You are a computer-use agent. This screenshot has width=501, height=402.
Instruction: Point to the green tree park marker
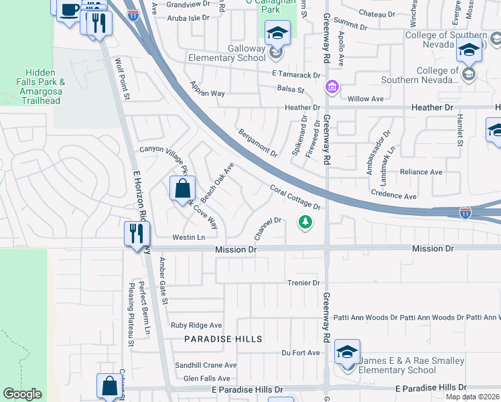click(x=305, y=221)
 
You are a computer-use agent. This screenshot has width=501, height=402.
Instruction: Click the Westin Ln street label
click(x=188, y=237)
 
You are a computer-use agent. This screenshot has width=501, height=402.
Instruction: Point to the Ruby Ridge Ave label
click(x=196, y=326)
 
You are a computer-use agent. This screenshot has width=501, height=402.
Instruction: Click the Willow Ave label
click(x=365, y=98)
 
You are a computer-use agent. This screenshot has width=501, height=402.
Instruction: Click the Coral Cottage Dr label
click(x=295, y=197)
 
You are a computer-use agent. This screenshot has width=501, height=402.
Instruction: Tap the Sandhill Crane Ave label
click(x=206, y=365)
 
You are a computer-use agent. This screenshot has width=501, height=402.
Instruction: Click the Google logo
click(x=22, y=394)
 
